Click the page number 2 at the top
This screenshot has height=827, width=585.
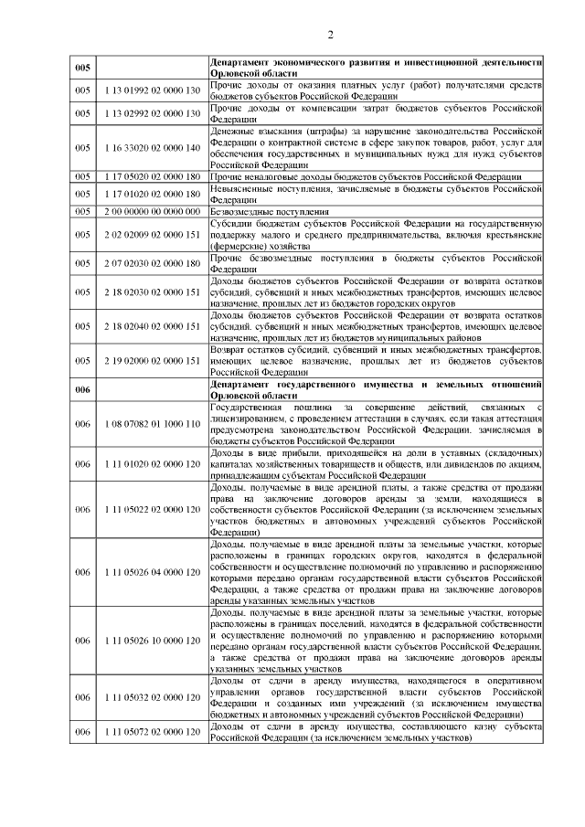(331, 35)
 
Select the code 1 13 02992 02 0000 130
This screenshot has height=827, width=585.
(152, 114)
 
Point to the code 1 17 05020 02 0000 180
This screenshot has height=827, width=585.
(152, 176)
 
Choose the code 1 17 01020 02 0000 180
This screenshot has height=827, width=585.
(152, 194)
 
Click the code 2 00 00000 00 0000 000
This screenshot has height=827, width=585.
(152, 211)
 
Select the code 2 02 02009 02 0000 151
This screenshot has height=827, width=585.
(152, 234)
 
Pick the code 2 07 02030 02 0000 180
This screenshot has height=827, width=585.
(152, 263)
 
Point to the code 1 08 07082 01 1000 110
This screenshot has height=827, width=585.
(152, 424)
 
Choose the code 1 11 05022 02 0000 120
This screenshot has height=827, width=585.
(152, 509)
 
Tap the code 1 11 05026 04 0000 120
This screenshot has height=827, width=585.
(152, 572)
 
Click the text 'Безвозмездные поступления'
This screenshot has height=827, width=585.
(265, 211)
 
